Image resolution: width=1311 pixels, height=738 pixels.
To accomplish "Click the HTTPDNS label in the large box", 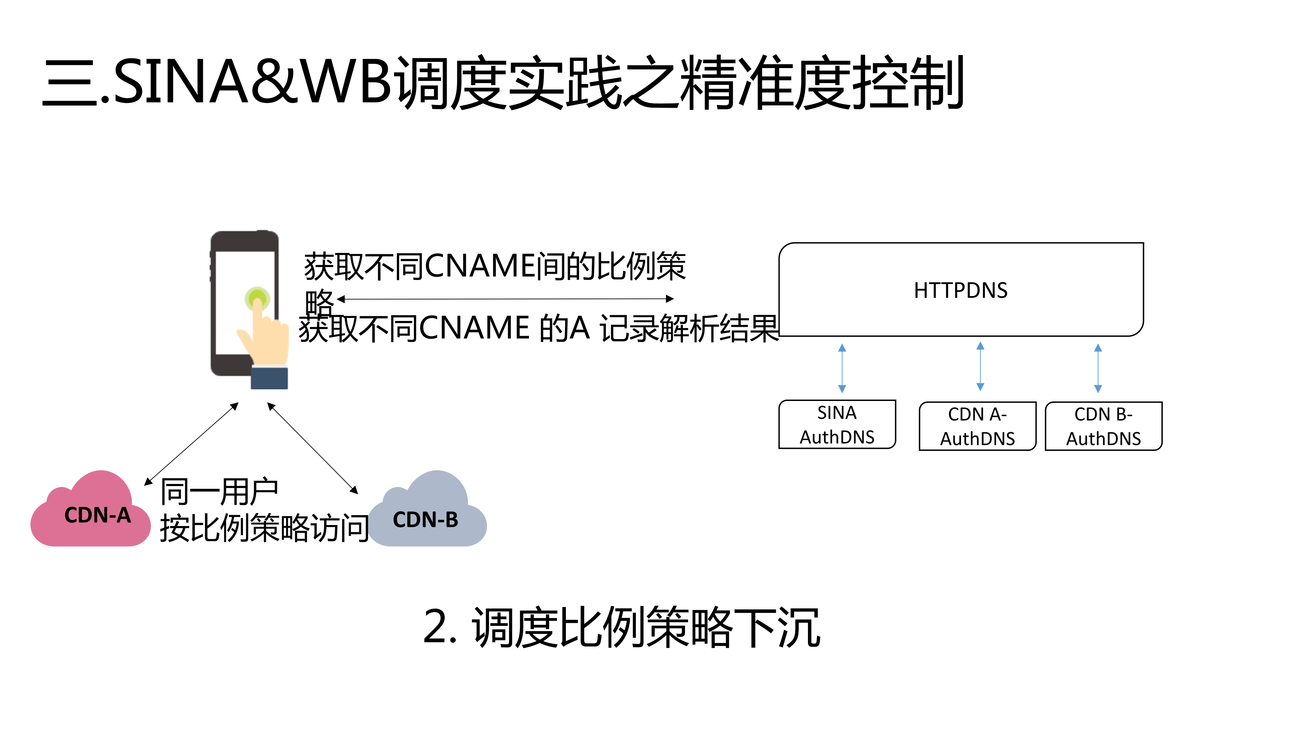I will pyautogui.click(x=960, y=290).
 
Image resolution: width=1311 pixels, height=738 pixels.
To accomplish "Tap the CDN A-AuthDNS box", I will pyautogui.click(x=977, y=426).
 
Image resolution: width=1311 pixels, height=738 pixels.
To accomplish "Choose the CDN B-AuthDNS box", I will pyautogui.click(x=1103, y=426).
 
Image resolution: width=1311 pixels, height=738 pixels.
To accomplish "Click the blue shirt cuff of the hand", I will pyautogui.click(x=269, y=378).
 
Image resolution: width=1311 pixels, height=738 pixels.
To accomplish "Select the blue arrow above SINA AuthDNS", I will pyautogui.click(x=842, y=368).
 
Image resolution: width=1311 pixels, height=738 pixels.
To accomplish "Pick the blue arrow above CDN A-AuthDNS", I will pyautogui.click(x=980, y=367).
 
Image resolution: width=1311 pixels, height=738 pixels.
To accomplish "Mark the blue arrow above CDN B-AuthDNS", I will pyautogui.click(x=1098, y=368).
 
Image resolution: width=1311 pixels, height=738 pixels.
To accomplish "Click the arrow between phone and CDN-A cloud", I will pyautogui.click(x=192, y=443).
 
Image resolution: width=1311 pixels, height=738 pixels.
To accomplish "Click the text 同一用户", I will pyautogui.click(x=219, y=492).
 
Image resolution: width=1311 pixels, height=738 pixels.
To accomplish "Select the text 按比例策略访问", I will pyautogui.click(x=264, y=528).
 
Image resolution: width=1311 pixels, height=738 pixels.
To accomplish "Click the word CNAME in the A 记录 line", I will pyautogui.click(x=474, y=327).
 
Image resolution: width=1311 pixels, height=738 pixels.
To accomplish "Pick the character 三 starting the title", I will pyautogui.click(x=70, y=82).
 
